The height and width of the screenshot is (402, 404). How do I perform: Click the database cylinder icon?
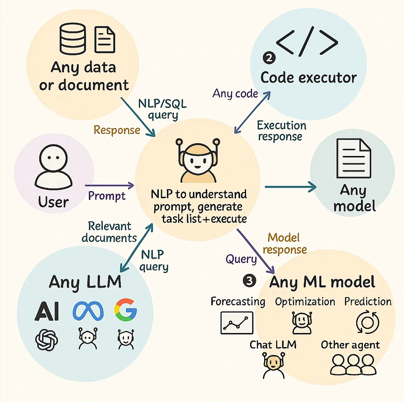[x=73, y=39]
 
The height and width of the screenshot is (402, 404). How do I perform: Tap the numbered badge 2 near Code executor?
[x=269, y=58]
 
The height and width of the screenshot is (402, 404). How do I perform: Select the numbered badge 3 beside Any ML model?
[x=249, y=280]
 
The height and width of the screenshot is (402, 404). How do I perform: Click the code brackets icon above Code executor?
[x=307, y=42]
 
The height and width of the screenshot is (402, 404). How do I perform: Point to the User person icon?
[x=54, y=167]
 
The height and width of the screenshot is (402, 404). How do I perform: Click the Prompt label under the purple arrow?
[x=107, y=196]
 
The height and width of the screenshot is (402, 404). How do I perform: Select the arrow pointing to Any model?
[x=290, y=187]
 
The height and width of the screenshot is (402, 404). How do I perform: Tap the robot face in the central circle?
[x=198, y=160]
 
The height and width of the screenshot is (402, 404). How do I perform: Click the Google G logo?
[x=126, y=310]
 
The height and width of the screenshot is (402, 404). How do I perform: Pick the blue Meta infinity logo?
[x=88, y=311]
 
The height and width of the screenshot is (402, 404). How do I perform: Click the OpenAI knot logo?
[x=47, y=340]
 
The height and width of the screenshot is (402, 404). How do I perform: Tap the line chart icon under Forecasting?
[x=237, y=323]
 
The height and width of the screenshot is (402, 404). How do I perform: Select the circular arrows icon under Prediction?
[x=368, y=323]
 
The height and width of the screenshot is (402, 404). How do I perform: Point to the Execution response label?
[x=281, y=131]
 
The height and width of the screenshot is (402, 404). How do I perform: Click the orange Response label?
[x=117, y=130]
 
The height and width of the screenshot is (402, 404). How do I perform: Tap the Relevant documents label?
[x=109, y=232]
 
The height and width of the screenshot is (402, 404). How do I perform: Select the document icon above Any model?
[x=353, y=158]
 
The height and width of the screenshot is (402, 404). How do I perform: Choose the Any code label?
[x=235, y=94]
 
